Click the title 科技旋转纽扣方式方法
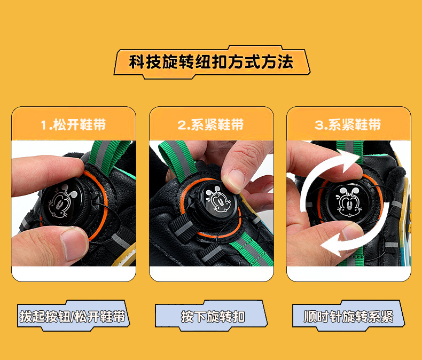[212, 62]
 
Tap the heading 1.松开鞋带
[73, 124]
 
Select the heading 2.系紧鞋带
[210, 124]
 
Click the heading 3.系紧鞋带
[348, 124]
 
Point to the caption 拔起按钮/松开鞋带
[73, 316]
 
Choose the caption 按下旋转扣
[213, 316]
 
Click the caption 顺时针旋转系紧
[348, 316]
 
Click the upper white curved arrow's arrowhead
[348, 160]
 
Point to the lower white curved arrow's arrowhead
[332, 244]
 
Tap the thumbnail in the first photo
[73, 244]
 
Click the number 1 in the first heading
[44, 126]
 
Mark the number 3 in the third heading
[319, 126]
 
